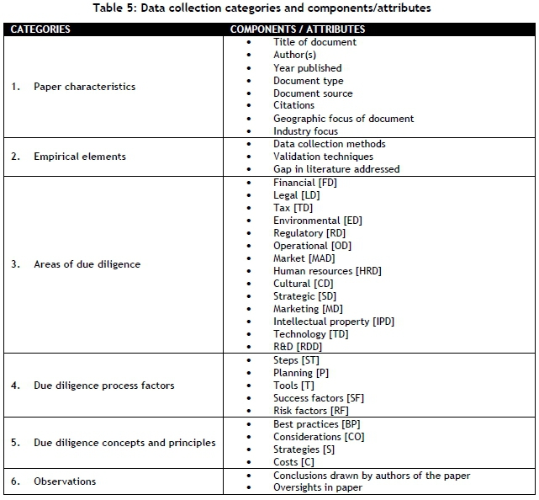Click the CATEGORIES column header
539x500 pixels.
(40, 29)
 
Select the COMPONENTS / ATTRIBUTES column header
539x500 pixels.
(298, 29)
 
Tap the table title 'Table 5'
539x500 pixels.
(269, 9)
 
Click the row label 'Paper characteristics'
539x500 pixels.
(84, 87)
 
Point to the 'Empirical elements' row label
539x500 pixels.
(79, 156)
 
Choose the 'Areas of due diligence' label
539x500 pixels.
(87, 264)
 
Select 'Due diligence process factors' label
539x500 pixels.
(104, 386)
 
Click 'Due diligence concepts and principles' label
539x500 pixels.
(124, 443)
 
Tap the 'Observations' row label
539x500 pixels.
(65, 481)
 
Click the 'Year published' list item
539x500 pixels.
(307, 67)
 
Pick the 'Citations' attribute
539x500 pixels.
(293, 105)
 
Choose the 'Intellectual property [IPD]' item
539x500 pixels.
(333, 322)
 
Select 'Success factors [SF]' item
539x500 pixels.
(319, 398)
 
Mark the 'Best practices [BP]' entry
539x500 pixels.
(316, 424)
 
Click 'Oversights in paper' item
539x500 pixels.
(317, 488)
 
